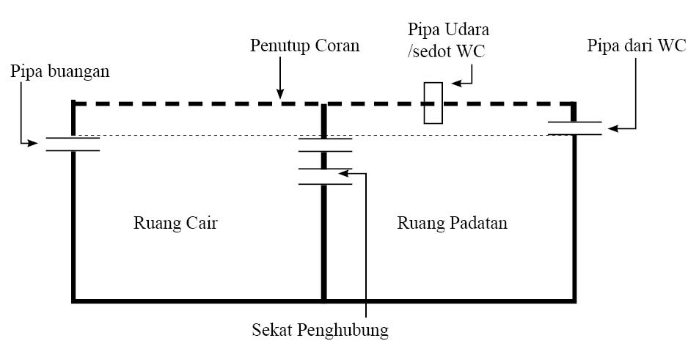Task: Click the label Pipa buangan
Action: (x=59, y=73)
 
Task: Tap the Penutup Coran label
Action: (x=304, y=46)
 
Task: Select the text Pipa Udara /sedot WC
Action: (x=449, y=43)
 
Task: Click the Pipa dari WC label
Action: (x=637, y=45)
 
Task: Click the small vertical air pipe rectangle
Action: (x=433, y=103)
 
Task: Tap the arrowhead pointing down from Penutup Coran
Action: (x=279, y=93)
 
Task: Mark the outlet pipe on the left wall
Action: (x=73, y=144)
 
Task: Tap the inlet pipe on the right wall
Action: (x=574, y=128)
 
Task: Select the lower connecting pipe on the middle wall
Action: (x=324, y=175)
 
